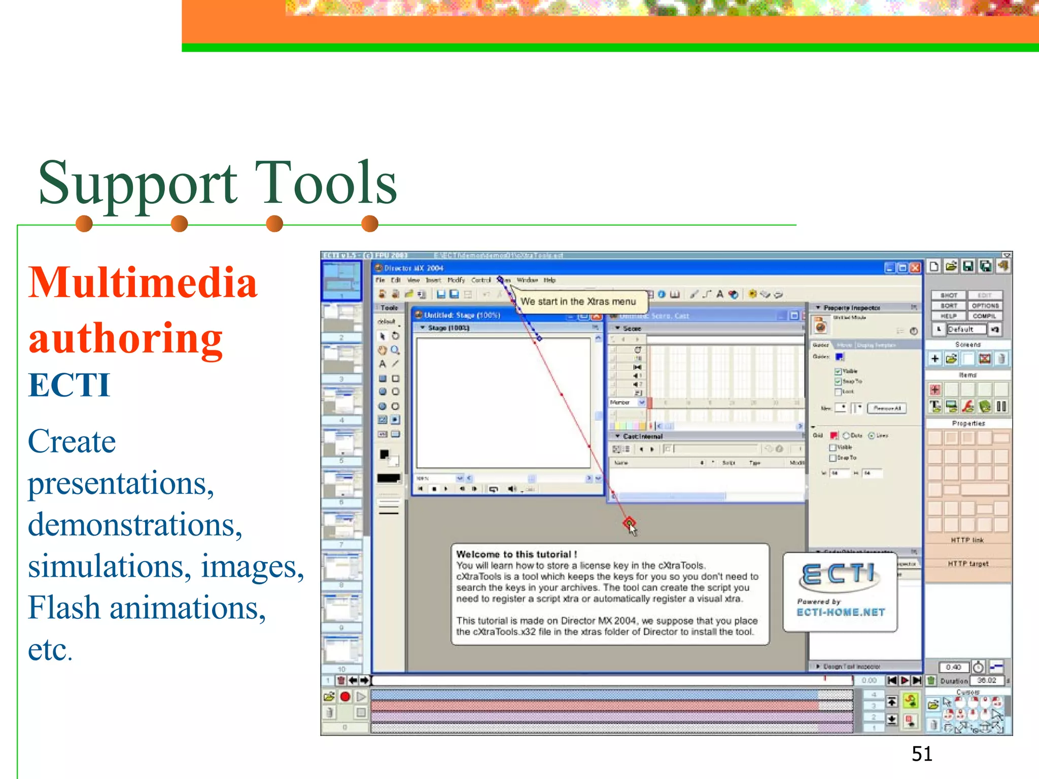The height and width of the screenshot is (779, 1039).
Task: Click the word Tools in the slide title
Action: click(325, 183)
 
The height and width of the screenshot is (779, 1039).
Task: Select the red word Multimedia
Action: click(143, 282)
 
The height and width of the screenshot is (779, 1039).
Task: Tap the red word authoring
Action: click(126, 338)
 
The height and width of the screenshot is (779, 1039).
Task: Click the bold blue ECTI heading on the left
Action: click(69, 385)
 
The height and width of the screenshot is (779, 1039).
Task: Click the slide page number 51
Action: click(922, 754)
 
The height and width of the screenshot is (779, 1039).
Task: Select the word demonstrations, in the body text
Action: click(135, 524)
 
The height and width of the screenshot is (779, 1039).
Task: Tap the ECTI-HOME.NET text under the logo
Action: click(841, 613)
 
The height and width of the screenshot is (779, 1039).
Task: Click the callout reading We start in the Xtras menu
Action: click(578, 302)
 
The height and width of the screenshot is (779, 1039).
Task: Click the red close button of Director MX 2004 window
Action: click(915, 268)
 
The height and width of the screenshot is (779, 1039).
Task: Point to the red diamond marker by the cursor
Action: click(629, 522)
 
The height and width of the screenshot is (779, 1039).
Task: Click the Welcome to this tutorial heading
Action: click(516, 554)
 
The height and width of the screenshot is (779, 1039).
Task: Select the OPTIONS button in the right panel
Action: click(985, 306)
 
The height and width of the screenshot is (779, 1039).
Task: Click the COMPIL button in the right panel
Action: click(984, 316)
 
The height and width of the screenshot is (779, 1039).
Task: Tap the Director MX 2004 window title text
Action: click(413, 268)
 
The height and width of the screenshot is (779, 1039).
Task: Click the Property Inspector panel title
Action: click(851, 308)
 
